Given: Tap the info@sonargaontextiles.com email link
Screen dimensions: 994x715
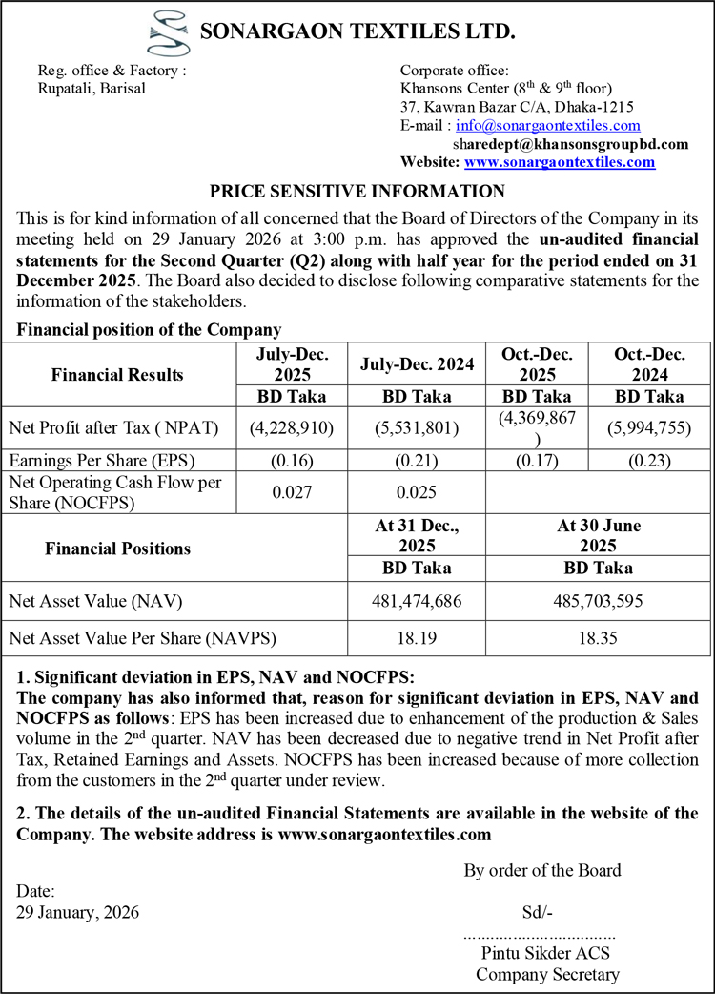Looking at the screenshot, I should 548,126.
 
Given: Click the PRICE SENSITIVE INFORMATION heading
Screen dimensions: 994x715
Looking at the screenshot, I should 357,191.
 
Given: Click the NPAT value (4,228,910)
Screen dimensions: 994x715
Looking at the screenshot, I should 291,428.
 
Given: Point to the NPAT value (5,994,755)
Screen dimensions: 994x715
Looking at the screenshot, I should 649,428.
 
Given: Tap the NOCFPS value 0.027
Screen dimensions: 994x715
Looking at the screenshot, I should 291,492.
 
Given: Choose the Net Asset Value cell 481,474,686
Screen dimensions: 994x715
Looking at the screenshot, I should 417,602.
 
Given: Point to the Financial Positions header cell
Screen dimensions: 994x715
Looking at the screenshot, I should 118,548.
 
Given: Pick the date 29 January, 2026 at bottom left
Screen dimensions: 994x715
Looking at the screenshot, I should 78,911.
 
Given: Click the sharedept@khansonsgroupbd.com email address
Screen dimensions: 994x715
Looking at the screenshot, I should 571,144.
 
